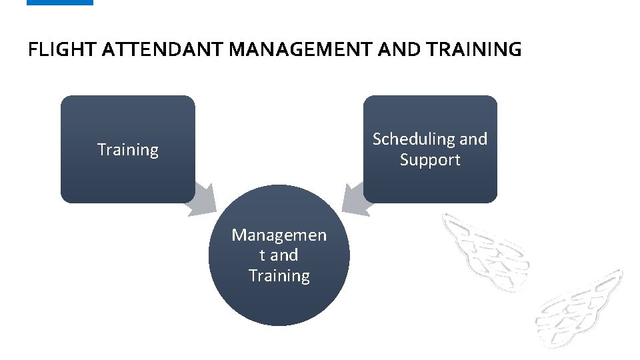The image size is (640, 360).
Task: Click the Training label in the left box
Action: (x=128, y=150)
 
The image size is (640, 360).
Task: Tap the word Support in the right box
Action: (x=430, y=160)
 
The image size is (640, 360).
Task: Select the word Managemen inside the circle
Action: (x=279, y=235)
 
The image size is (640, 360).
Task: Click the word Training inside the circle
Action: (x=279, y=276)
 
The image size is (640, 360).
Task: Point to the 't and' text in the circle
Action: (x=279, y=255)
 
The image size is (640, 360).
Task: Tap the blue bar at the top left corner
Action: (x=60, y=3)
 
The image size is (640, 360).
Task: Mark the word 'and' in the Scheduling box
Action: (x=473, y=139)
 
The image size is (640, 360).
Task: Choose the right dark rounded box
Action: (x=430, y=183)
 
